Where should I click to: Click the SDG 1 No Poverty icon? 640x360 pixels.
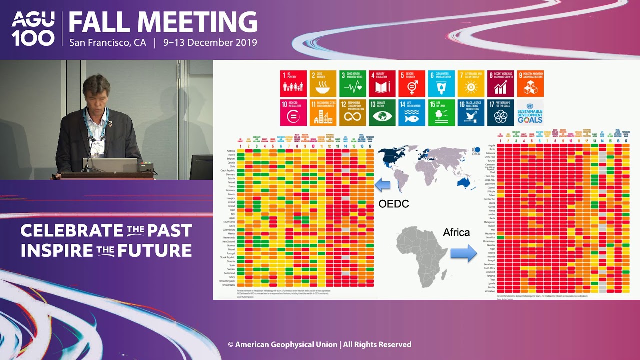click(x=293, y=83)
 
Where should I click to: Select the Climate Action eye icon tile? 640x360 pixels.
click(x=382, y=112)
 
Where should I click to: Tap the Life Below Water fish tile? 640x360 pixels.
click(x=411, y=112)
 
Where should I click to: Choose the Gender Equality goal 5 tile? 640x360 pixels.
click(x=411, y=83)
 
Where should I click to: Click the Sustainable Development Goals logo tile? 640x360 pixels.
click(x=530, y=112)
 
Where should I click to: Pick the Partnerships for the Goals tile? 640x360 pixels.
click(x=500, y=112)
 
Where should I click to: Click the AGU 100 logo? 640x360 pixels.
click(x=33, y=29)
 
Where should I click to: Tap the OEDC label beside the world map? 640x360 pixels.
click(x=394, y=204)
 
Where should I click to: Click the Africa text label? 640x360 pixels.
click(x=456, y=232)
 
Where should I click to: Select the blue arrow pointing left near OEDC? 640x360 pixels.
click(x=382, y=185)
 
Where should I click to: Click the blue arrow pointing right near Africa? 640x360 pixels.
click(x=463, y=253)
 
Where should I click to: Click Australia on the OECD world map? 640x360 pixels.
click(x=465, y=182)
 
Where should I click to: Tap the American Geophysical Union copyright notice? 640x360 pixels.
click(x=320, y=344)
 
